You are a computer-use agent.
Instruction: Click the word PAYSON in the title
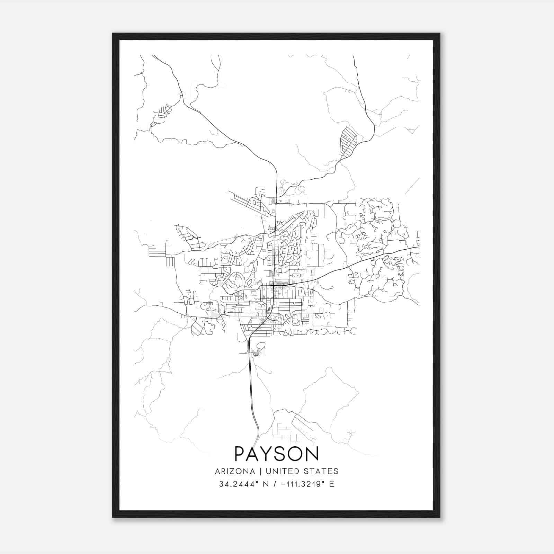pos(276,454)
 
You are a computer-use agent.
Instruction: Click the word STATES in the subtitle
pos(321,471)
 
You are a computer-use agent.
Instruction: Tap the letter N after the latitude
pos(266,484)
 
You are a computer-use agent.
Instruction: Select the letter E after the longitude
pos(332,484)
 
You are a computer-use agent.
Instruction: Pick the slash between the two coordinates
pos(275,484)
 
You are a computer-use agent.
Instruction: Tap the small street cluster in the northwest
pos(161,116)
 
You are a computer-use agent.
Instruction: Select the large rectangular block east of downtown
pos(315,255)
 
